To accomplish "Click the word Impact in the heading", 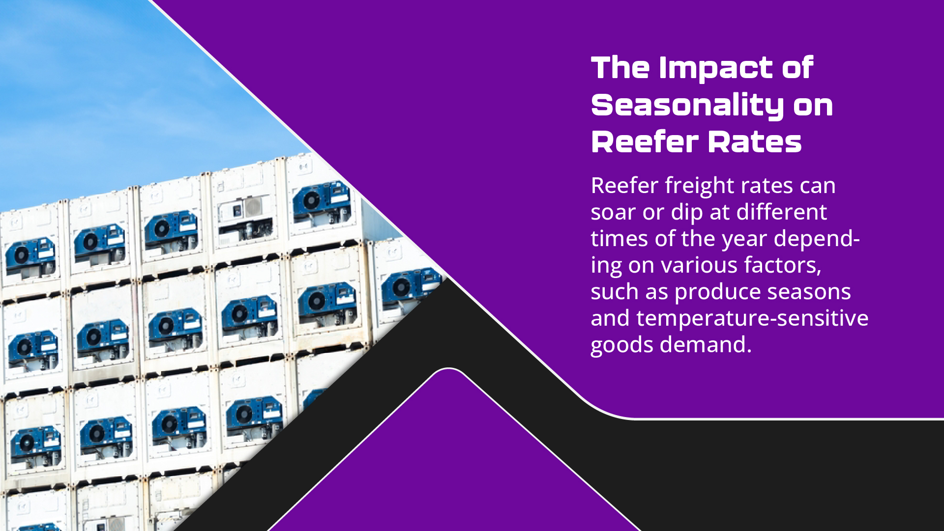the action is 715,68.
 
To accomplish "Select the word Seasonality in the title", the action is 687,105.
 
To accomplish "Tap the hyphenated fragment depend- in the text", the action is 817,239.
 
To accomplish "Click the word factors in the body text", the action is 783,266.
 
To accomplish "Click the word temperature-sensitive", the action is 752,319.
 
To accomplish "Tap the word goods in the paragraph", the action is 622,345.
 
